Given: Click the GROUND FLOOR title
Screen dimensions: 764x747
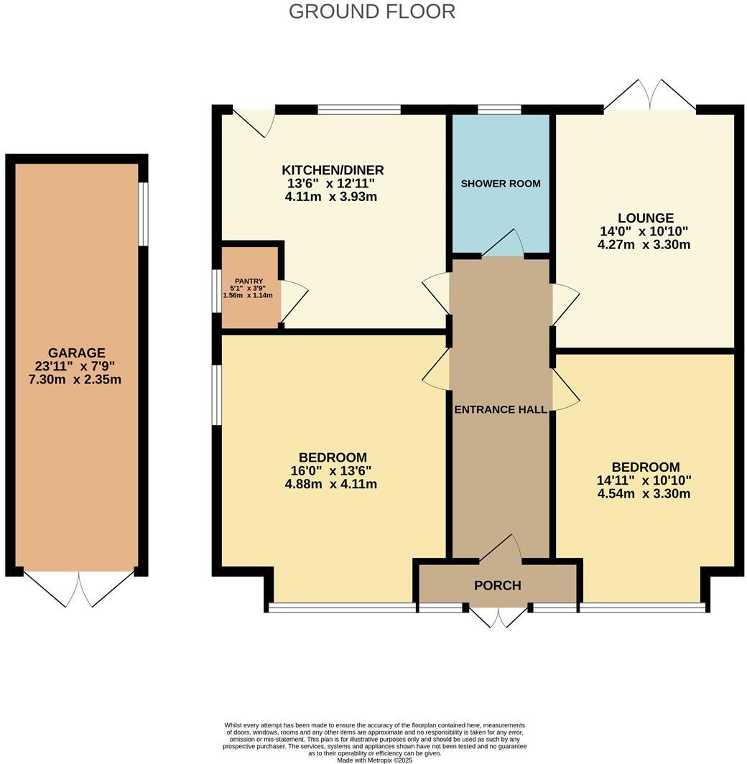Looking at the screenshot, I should (x=372, y=11).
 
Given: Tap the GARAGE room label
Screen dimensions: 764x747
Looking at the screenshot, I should (x=76, y=353).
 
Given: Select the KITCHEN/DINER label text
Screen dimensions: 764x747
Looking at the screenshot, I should (x=333, y=170).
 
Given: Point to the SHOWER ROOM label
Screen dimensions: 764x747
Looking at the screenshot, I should (x=501, y=183).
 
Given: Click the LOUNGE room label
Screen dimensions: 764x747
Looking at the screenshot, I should (x=645, y=218).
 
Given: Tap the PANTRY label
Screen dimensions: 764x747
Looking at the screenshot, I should (x=248, y=281).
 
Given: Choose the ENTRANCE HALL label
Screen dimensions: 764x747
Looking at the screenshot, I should (x=501, y=409).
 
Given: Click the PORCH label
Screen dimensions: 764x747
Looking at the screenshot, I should (x=497, y=585).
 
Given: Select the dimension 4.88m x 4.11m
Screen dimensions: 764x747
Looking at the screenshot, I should (x=331, y=484).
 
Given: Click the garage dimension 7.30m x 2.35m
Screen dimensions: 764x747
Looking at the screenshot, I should (x=76, y=379).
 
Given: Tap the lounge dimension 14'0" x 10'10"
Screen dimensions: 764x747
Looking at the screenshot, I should (x=644, y=231).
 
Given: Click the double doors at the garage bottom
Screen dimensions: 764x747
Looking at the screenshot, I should (x=79, y=590).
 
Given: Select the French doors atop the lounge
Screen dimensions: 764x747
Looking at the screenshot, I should (x=650, y=95).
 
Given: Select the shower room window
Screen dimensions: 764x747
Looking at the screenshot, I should (x=499, y=110).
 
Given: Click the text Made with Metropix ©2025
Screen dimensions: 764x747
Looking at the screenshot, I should (x=373, y=760).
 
